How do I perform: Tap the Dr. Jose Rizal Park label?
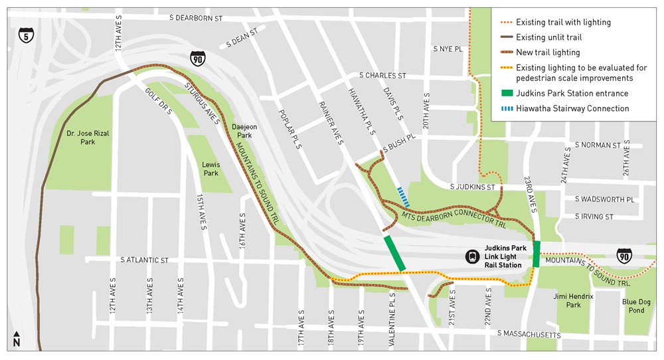89,137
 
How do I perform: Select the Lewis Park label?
210,169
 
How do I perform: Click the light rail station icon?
472,256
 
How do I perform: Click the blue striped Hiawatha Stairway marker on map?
403,197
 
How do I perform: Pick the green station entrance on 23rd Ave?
537,254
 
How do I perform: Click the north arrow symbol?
17,339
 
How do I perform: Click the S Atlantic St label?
145,260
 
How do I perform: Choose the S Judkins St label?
473,187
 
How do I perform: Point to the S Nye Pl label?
448,48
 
